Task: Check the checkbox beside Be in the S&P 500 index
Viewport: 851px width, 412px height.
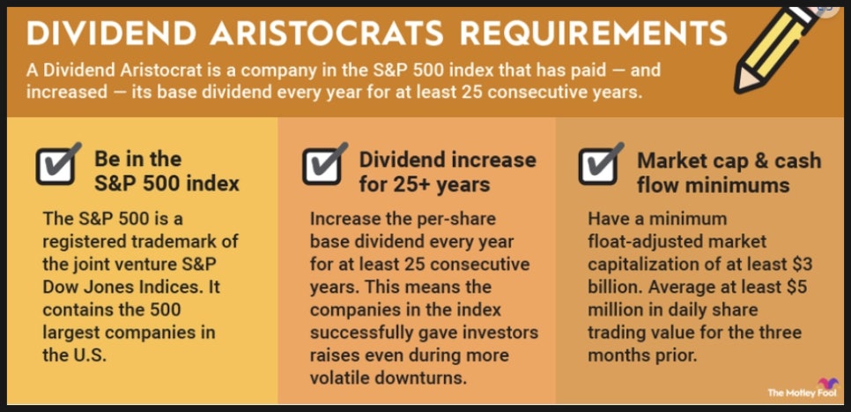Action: (x=56, y=165)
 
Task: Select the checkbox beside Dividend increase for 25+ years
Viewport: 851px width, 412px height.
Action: (x=323, y=165)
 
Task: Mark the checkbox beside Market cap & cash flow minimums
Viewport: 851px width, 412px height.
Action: (x=601, y=165)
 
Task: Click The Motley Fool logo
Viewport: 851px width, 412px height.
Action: (x=803, y=389)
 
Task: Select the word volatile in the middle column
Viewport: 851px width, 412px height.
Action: (x=342, y=378)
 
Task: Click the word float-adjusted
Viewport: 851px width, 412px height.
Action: (x=641, y=242)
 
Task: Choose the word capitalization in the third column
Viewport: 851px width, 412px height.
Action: (x=644, y=265)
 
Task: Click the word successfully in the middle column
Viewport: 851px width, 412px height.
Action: (x=359, y=332)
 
